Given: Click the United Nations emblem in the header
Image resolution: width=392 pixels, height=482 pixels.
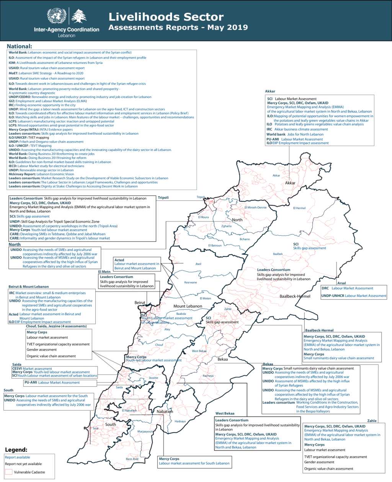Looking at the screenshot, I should point(57,16).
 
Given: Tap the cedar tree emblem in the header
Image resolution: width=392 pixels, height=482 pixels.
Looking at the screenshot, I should point(79,16).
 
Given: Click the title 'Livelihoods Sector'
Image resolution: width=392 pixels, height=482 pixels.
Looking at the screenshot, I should point(166,17).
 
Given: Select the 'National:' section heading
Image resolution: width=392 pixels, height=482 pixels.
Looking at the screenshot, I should point(19,46).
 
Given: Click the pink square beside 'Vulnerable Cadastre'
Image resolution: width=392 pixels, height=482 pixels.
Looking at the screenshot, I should point(8,472).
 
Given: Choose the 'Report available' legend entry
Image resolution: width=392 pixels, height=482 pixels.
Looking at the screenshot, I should point(17,457).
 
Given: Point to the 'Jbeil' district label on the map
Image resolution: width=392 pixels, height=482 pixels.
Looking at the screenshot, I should point(198,264).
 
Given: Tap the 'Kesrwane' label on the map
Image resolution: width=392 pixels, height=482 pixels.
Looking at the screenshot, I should point(191,282).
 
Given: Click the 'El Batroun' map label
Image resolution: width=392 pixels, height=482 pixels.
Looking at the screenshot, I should point(215,246).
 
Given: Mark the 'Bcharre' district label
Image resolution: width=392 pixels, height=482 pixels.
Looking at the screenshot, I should point(245,239).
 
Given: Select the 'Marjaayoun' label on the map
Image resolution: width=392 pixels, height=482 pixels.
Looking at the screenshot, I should point(145,432).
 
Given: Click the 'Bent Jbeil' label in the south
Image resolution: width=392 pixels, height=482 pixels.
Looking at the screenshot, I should point(132,459).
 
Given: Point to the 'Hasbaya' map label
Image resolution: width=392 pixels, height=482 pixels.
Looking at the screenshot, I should point(180,421).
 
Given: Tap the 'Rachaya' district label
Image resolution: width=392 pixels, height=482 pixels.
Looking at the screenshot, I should point(208,376).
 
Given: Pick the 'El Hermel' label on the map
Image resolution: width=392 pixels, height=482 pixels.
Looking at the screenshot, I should point(299,208).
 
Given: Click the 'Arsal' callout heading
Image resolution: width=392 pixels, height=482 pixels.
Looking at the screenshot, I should point(341,283).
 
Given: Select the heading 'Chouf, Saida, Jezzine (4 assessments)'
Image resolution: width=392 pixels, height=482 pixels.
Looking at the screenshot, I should point(56,326).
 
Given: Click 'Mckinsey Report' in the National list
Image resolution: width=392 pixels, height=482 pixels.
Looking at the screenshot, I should point(22,174).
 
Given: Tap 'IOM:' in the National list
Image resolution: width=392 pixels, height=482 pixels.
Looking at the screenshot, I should point(12,63).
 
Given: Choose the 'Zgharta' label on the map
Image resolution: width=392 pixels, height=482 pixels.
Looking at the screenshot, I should point(226,226).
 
